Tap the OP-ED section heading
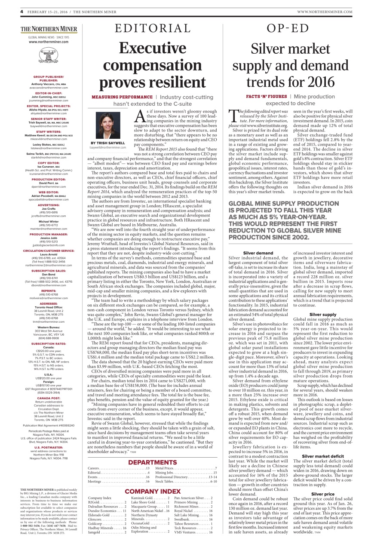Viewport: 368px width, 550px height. pyautogui.click(x=288, y=29)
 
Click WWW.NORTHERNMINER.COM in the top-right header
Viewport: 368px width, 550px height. pyautogui.click(x=325, y=12)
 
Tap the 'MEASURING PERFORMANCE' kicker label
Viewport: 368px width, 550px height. pyautogui.click(x=122, y=97)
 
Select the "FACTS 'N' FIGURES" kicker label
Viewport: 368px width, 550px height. pyautogui.click(x=266, y=97)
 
